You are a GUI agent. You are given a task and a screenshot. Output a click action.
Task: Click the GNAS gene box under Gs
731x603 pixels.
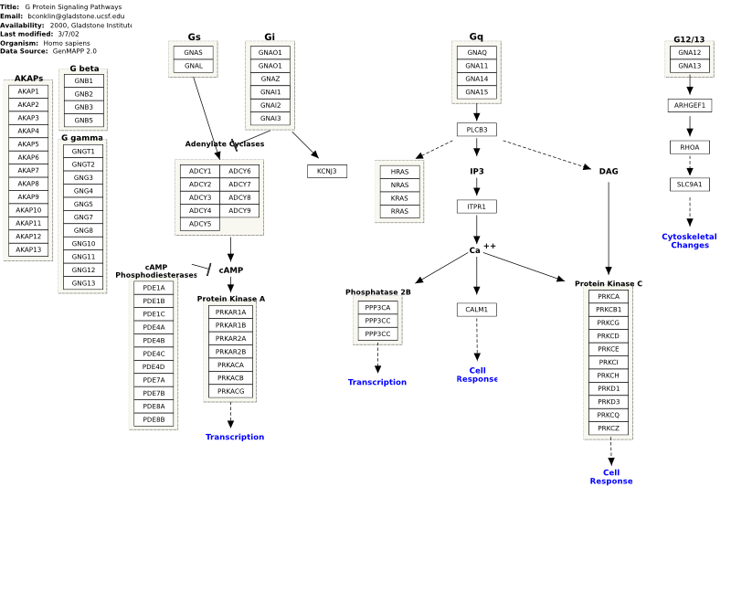coord(194,52)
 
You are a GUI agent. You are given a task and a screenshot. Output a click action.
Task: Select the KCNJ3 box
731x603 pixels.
coord(327,171)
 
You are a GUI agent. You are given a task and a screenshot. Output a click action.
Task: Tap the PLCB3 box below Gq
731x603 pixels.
coord(477,130)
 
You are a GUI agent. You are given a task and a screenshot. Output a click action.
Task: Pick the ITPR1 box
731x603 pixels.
coord(477,206)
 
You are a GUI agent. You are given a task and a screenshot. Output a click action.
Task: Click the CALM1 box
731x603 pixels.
coord(477,310)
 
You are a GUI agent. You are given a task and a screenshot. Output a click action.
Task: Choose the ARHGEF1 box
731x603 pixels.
coord(690,105)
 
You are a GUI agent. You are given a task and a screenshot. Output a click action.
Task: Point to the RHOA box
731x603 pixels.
coord(690,147)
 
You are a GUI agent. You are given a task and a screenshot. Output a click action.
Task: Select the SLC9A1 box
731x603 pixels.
coord(690,185)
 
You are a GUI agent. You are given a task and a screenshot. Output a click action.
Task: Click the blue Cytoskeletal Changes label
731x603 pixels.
coord(690,241)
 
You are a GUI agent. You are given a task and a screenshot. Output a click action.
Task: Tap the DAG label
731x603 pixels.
coord(609,172)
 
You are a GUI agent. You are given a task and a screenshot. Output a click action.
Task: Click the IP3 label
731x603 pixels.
coord(477,172)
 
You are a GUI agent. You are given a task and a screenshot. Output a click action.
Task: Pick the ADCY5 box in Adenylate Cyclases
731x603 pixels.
coord(200,224)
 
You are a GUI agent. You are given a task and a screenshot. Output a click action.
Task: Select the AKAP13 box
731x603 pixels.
coord(28,249)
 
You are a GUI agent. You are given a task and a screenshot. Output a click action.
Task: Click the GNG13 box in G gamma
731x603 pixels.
coord(83,283)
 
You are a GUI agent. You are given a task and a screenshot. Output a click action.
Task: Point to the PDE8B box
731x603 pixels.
coord(154,419)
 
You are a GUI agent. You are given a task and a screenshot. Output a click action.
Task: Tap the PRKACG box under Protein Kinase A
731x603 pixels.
coord(231,391)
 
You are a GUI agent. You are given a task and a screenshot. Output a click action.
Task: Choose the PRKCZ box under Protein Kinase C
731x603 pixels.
coord(609,428)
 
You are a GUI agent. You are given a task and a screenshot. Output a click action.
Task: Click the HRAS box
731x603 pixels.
coord(399,172)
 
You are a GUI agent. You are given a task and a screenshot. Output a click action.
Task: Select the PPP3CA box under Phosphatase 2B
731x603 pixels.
coord(377,308)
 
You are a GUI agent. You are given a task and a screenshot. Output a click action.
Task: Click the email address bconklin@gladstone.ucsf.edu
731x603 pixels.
coord(76,16)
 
